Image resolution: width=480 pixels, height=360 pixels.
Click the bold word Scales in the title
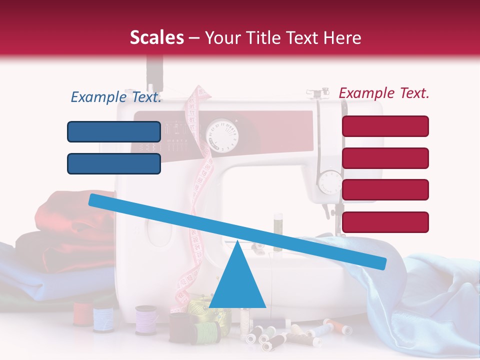coord(156,38)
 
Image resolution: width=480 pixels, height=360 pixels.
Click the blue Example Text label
coord(116,97)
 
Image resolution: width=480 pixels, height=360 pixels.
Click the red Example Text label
coord(384,93)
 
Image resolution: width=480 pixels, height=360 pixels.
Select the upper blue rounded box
coord(114,131)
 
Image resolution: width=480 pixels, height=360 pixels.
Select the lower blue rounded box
coord(114,163)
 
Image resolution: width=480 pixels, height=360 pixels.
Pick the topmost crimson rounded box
coord(385,126)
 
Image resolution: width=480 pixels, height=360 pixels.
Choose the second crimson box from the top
coord(385,158)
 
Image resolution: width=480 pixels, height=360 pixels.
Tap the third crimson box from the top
coord(385,189)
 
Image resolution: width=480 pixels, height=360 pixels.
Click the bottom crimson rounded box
coord(385,222)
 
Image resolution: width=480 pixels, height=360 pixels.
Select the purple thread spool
coord(146,320)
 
